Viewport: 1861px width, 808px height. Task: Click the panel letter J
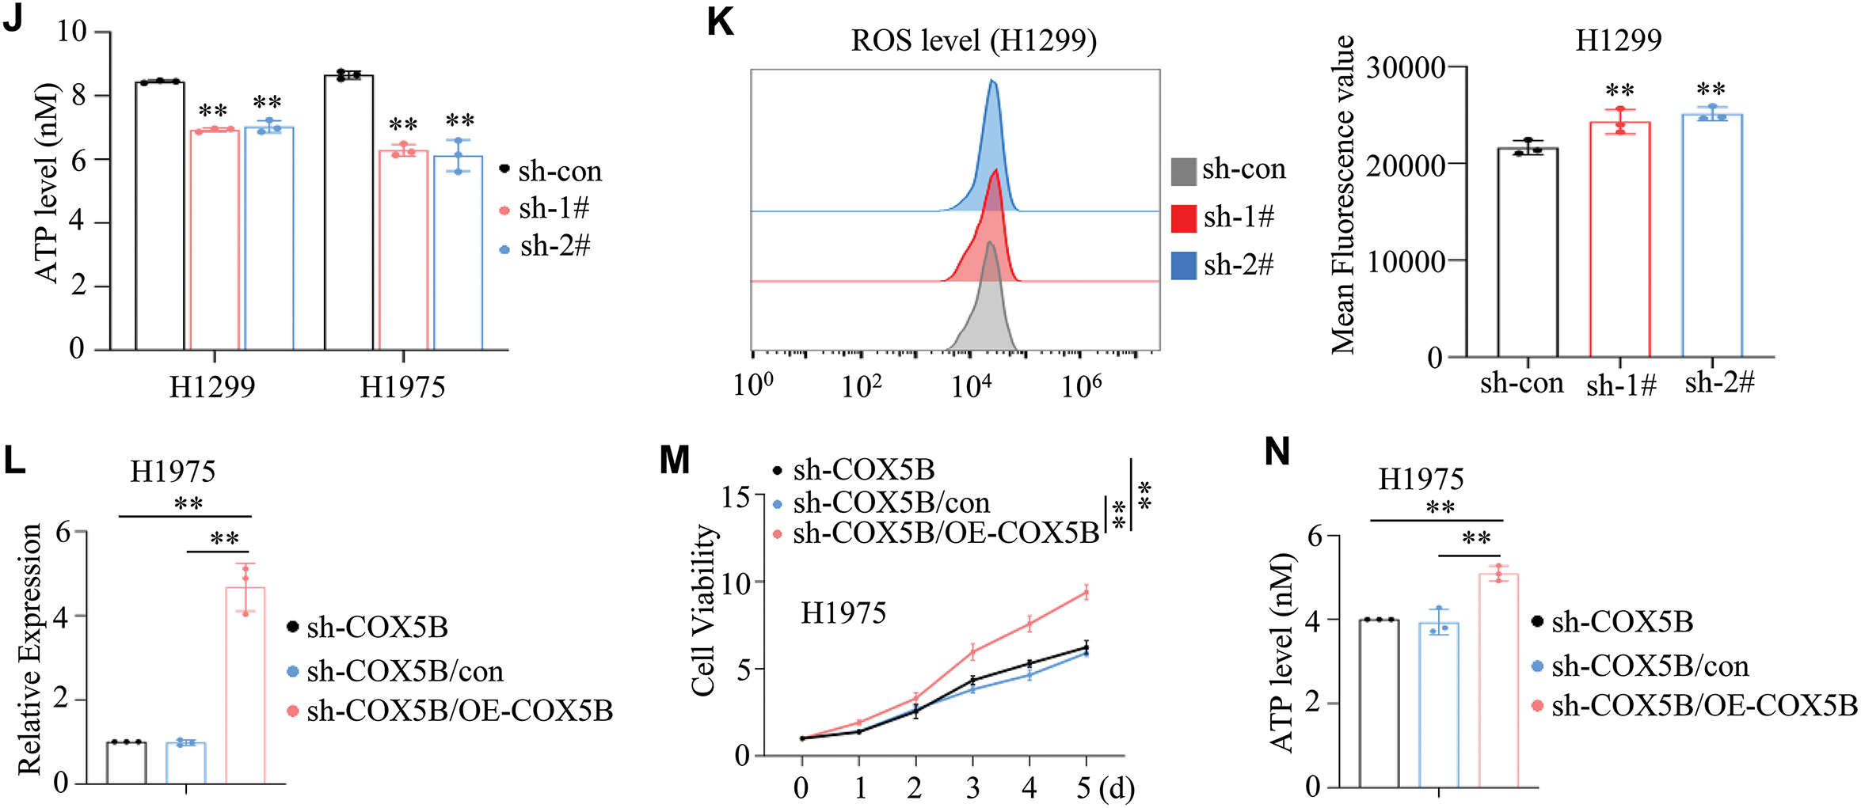click(13, 17)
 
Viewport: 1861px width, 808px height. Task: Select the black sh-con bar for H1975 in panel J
click(348, 214)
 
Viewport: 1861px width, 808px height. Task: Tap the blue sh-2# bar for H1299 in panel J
click(269, 237)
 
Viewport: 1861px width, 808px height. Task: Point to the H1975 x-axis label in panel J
click(402, 387)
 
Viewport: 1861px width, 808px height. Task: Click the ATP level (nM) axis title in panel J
click(48, 182)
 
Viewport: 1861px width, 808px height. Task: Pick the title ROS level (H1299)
click(973, 40)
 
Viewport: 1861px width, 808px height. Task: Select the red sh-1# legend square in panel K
click(1183, 218)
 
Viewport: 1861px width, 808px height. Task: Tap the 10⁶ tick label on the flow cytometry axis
click(1082, 386)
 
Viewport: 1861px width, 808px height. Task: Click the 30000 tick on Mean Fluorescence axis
click(1406, 68)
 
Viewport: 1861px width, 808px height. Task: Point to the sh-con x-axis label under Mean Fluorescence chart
click(1521, 384)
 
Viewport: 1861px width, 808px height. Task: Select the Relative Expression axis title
click(30, 649)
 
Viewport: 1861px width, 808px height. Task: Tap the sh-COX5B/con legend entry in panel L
click(405, 671)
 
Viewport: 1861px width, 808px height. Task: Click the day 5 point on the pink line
click(1086, 592)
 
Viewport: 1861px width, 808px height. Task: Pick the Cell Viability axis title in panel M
click(702, 609)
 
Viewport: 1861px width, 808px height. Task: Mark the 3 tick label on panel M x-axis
click(972, 788)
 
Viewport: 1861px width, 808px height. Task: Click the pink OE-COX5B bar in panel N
click(1498, 681)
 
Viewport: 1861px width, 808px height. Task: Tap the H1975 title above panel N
click(1421, 479)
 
